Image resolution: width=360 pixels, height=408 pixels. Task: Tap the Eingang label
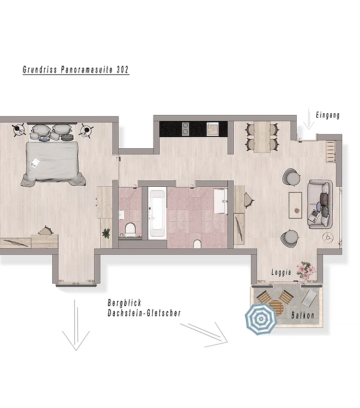coord(328,115)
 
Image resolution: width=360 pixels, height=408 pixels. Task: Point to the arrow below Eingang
coord(309,120)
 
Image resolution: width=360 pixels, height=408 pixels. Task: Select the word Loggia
coord(281,272)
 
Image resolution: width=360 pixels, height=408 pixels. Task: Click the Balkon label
coord(303,316)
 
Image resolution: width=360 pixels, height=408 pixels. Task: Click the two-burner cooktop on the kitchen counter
coord(185,128)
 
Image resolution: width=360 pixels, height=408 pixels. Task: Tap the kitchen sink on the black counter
coord(212,128)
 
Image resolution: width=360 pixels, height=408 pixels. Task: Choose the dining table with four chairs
coord(262,137)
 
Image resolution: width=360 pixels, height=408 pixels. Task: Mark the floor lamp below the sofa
coord(328,236)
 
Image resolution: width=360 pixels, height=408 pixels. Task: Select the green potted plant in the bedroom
coord(106,233)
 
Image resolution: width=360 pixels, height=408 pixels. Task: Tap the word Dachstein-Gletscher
coord(144,313)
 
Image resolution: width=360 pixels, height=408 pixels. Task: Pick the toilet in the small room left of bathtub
coord(130,229)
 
